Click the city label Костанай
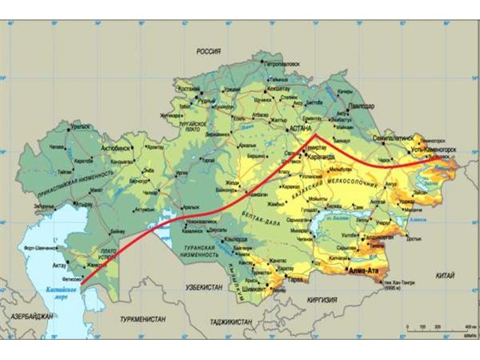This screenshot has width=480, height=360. (x=189, y=88)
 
